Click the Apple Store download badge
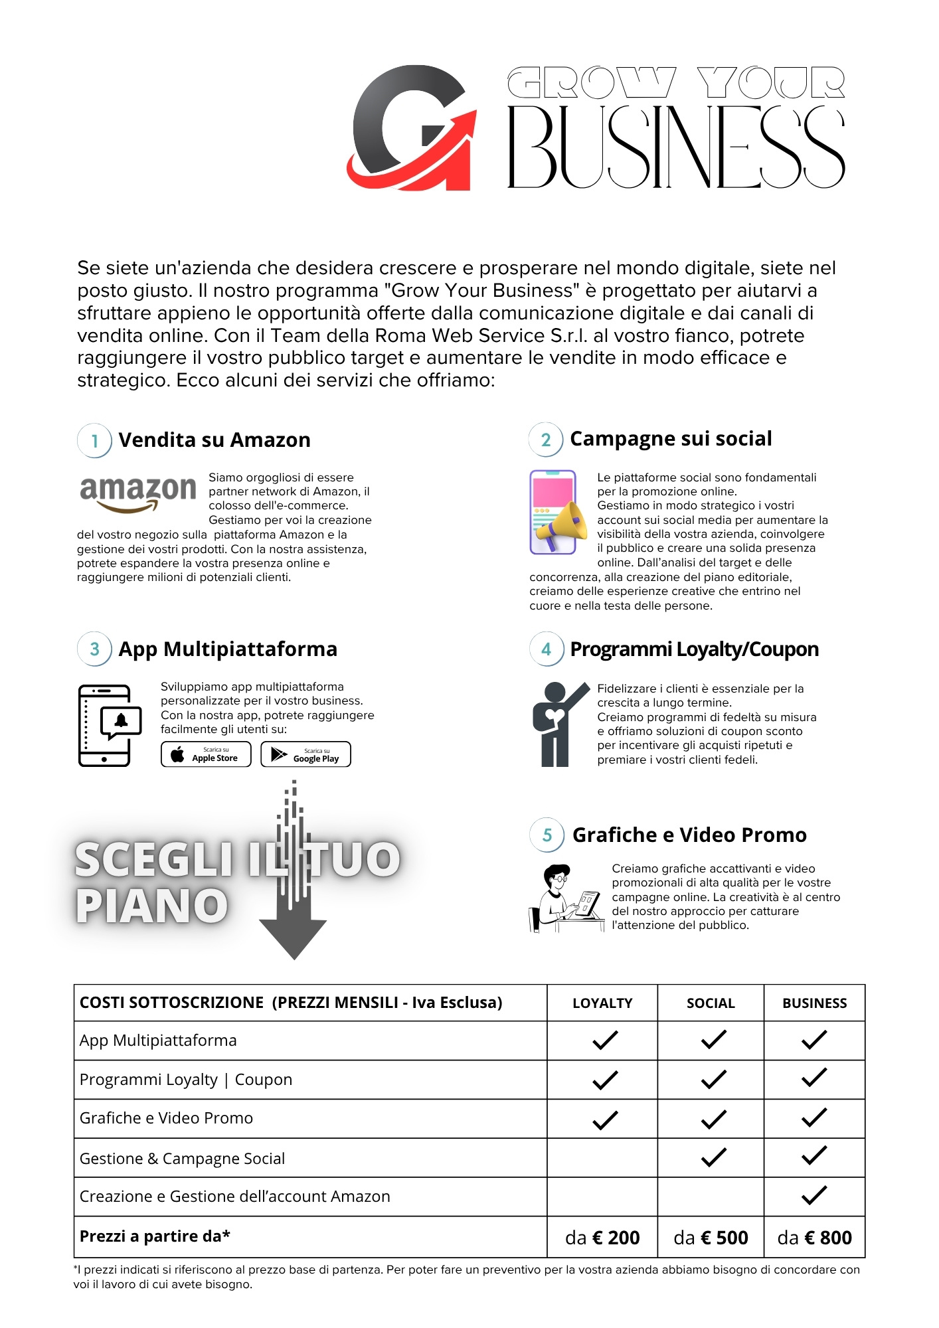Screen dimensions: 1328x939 click(x=206, y=754)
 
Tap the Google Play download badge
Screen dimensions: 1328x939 click(x=305, y=754)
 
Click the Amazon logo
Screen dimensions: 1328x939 click(x=137, y=493)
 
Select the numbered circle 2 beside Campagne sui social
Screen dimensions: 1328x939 click(x=546, y=440)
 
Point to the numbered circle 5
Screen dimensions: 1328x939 click(x=547, y=835)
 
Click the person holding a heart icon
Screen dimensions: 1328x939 click(x=557, y=724)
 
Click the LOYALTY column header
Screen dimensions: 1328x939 click(x=602, y=1003)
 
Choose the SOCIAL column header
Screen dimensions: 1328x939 click(x=711, y=1003)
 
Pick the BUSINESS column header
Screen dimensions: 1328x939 click(x=814, y=1003)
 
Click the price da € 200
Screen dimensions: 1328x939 click(x=602, y=1238)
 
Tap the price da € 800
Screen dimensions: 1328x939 click(x=814, y=1238)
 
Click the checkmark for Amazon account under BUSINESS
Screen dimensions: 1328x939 click(x=814, y=1195)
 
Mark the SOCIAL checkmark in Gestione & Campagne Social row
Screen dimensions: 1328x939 click(x=714, y=1157)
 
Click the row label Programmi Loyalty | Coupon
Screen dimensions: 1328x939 click(x=186, y=1080)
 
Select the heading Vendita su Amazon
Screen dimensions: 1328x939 click(x=214, y=440)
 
